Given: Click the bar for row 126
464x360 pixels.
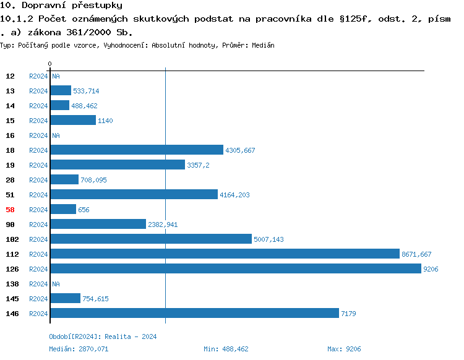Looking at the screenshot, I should coord(235,269).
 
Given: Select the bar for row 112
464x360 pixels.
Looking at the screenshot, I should coord(225,254).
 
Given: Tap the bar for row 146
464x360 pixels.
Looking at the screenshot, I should coord(194,314).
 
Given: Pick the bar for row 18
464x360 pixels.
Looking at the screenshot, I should coord(136,150).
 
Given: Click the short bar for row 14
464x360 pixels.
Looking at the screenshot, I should coord(59,106).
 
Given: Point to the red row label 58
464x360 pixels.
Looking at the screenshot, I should coord(10,210).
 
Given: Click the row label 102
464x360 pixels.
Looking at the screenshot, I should coord(12,239).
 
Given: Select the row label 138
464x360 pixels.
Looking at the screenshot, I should coord(12,284).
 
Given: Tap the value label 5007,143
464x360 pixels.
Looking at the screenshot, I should coord(269,239).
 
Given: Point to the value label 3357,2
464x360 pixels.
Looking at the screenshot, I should coord(198,165).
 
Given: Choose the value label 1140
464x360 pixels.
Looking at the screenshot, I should coord(105,121).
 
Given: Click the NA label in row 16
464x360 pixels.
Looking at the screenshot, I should coord(56,135).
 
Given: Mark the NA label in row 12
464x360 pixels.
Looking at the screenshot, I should coord(56,76).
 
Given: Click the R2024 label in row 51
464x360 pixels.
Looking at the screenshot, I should coord(38,195).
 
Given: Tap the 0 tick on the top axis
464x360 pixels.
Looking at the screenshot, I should coord(49,64).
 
